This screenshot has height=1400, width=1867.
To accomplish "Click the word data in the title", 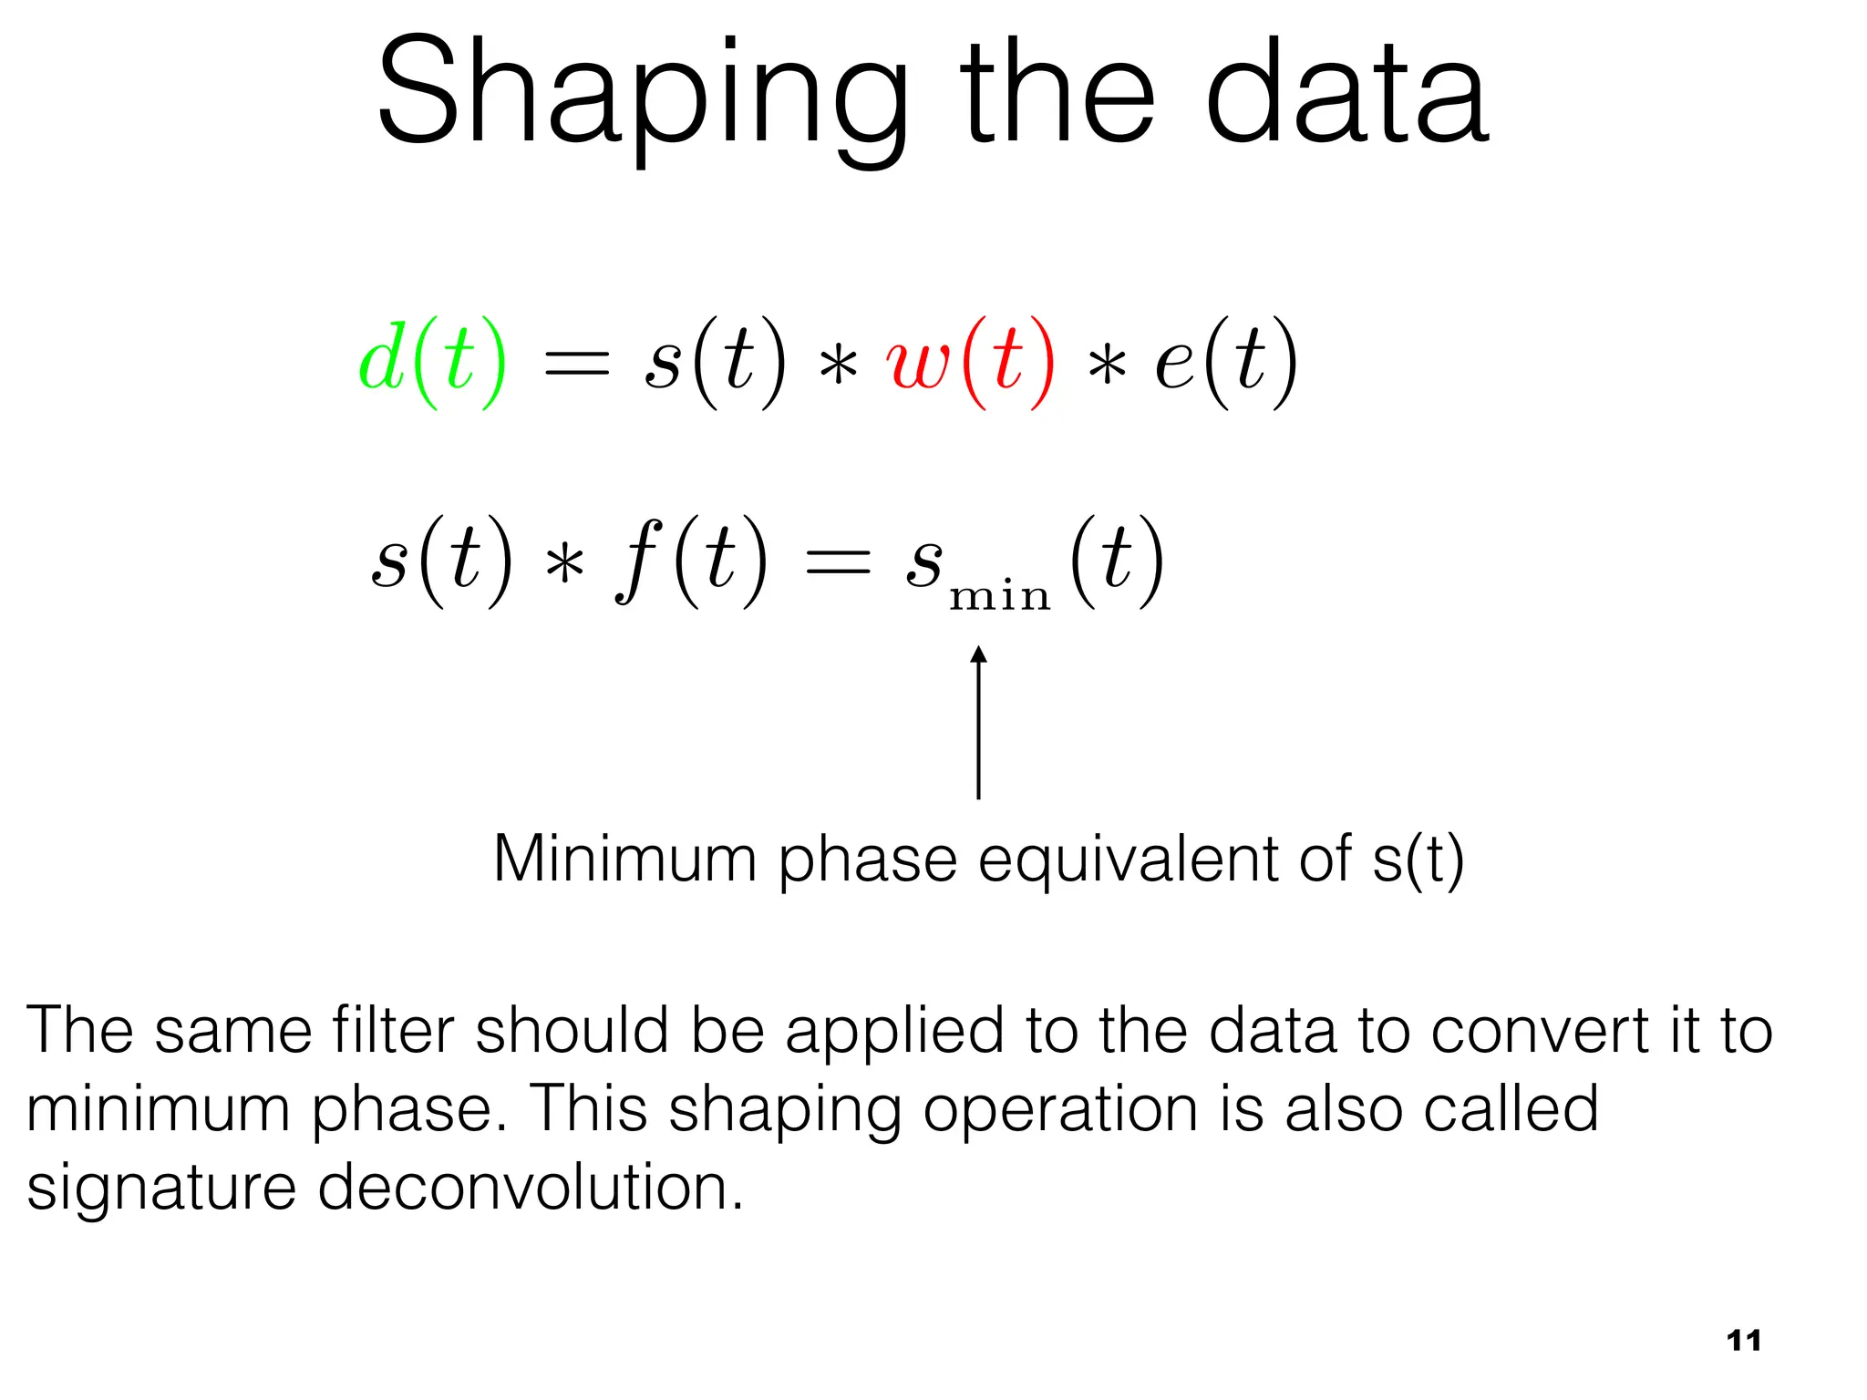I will click(x=1346, y=96).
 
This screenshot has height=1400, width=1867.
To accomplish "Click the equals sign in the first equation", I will click(x=576, y=365).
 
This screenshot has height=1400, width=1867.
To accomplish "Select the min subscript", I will click(x=1000, y=597).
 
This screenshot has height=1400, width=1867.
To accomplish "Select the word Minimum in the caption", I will click(x=624, y=859).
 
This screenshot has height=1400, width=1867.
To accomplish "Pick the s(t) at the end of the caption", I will click(x=1418, y=859).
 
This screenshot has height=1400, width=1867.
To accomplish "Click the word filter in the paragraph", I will click(x=392, y=1030).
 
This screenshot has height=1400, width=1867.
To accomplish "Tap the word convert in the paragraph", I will click(x=1539, y=1030).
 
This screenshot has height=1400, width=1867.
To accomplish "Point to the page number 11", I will click(x=1743, y=1341).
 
